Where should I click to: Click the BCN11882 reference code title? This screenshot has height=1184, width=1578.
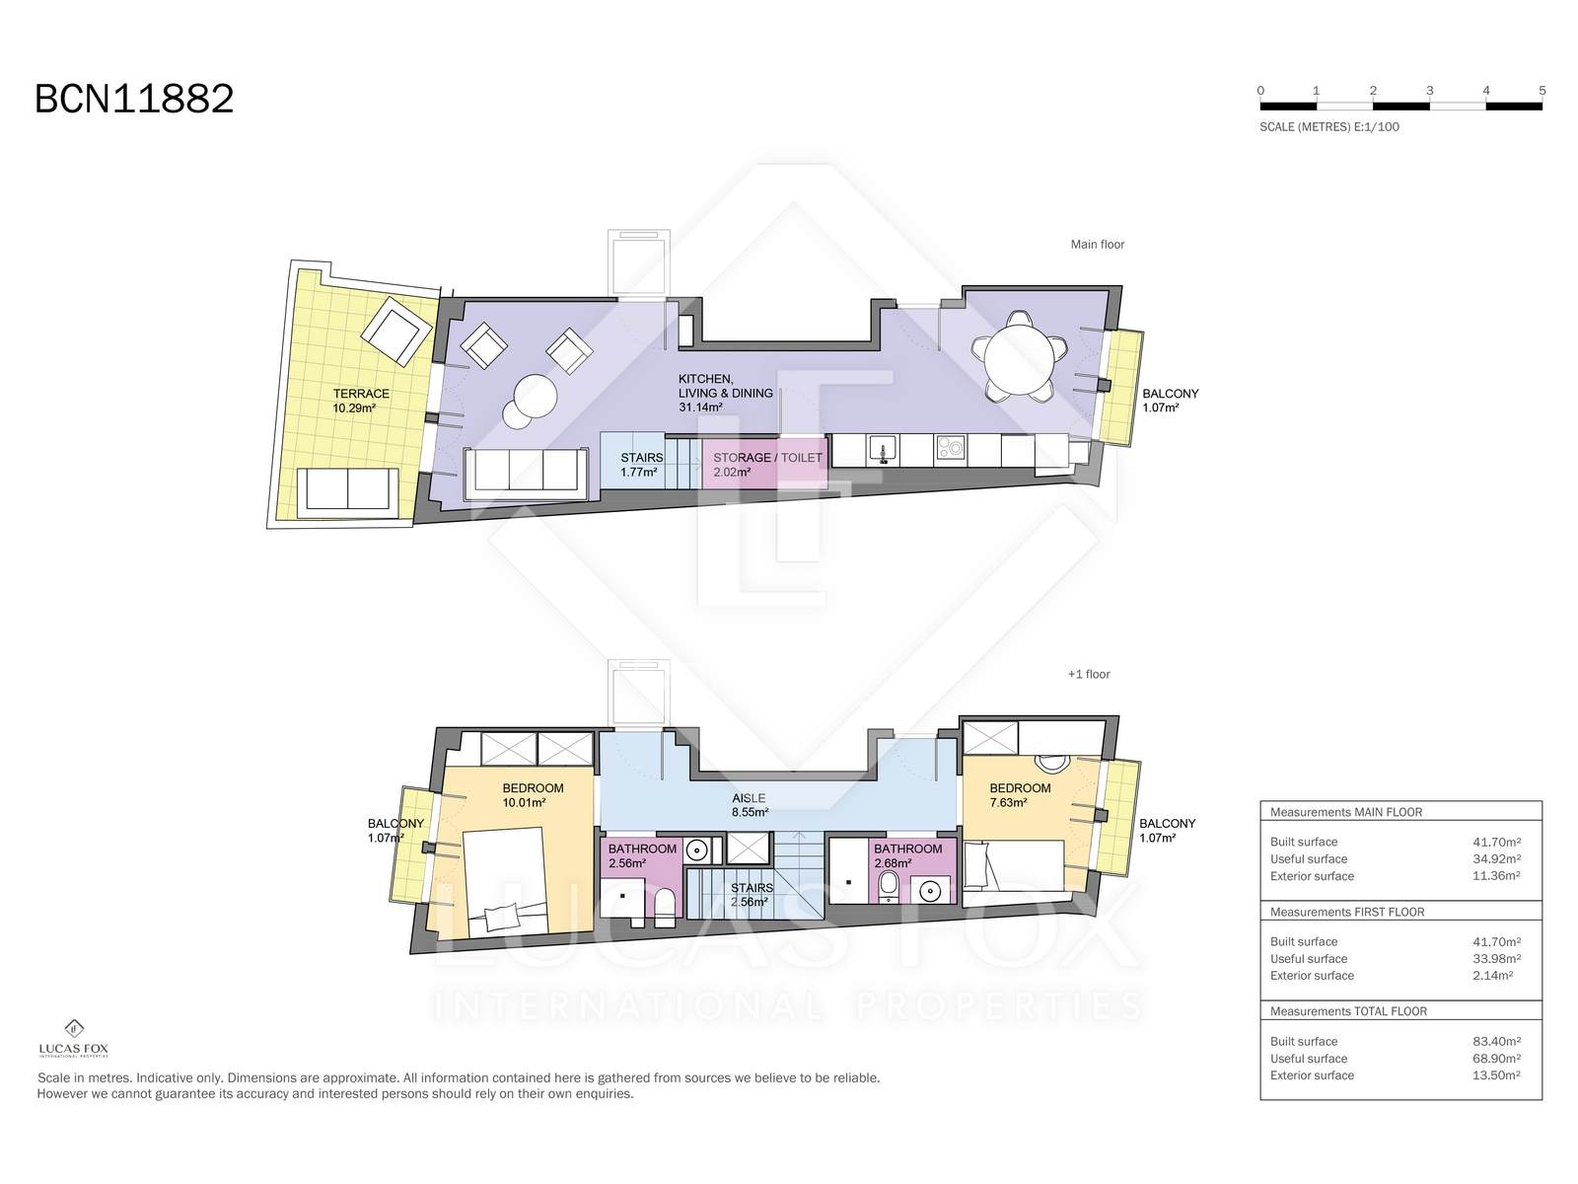click(x=134, y=99)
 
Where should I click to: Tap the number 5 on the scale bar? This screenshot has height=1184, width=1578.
click(x=1542, y=91)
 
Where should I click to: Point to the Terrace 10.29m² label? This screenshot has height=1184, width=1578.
click(x=361, y=401)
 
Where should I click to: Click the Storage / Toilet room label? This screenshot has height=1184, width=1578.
click(x=767, y=465)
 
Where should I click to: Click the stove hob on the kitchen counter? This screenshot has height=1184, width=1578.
click(x=951, y=450)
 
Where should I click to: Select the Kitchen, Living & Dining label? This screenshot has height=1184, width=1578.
click(x=725, y=393)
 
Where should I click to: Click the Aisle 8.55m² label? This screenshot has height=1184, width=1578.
click(x=750, y=805)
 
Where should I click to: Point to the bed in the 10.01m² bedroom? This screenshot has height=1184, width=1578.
click(x=505, y=881)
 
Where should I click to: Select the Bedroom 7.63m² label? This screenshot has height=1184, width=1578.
click(x=1020, y=795)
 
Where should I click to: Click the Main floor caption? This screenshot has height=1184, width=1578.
click(x=1097, y=245)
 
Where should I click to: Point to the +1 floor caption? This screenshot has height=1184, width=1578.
click(x=1089, y=674)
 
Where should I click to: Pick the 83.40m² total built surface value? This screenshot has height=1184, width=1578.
click(x=1496, y=1041)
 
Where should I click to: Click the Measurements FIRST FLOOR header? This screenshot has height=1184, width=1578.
click(x=1346, y=912)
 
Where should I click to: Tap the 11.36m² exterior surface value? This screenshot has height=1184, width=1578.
click(x=1496, y=875)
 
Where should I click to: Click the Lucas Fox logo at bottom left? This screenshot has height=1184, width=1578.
click(x=73, y=1038)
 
